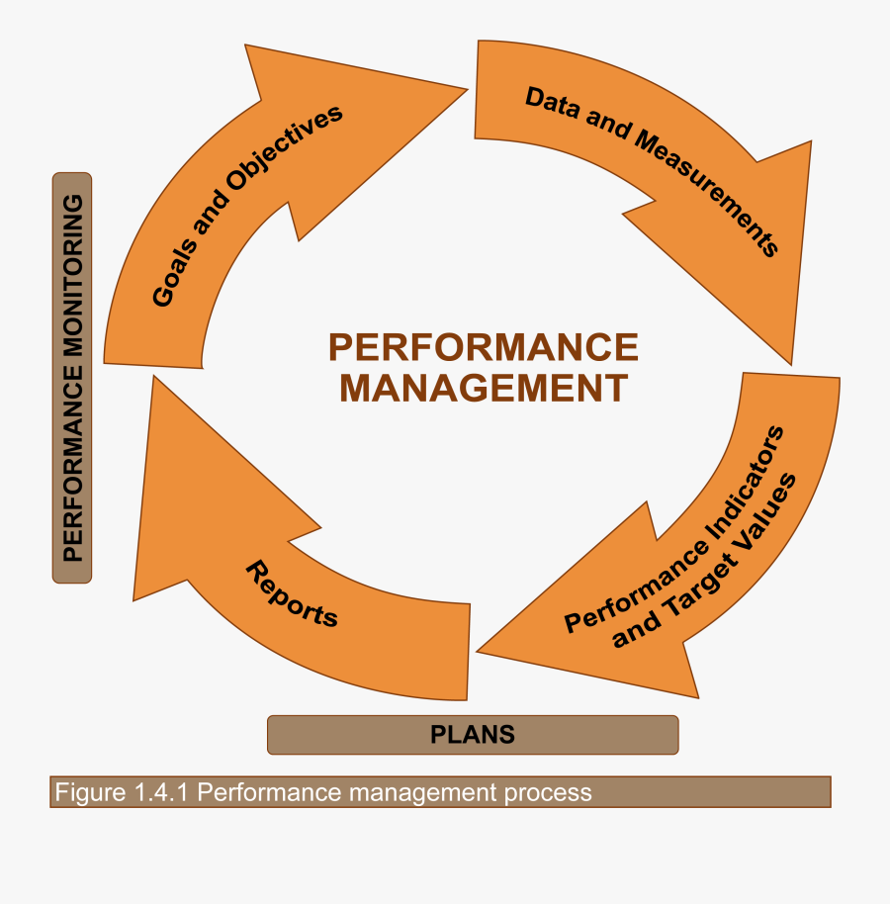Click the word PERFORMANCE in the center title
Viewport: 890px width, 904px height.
484,348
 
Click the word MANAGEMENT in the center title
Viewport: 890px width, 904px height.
484,388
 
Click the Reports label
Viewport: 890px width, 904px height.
292,594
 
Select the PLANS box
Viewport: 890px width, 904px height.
473,735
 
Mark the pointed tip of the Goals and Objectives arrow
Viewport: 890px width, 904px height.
465,90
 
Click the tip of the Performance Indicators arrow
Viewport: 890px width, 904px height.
478,651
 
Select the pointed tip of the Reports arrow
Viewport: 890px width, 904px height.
153,377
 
